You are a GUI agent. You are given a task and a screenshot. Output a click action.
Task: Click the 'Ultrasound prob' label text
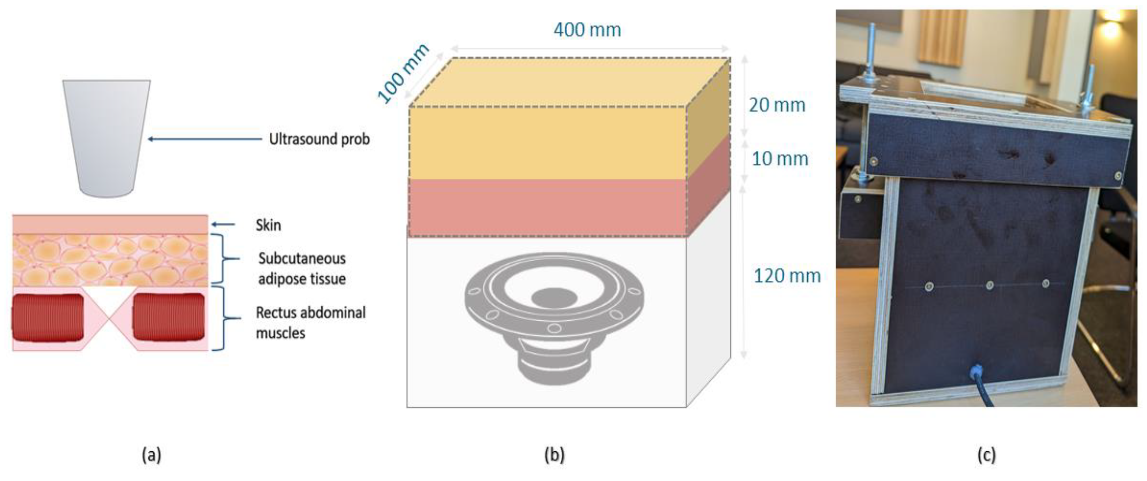point(319,139)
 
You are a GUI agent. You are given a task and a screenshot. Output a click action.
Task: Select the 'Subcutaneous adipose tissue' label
point(302,269)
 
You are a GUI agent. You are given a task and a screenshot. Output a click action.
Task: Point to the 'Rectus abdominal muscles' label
point(310,323)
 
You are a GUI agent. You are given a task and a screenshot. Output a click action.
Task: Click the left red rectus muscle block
point(48,317)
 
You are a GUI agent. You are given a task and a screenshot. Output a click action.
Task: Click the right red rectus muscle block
point(169,317)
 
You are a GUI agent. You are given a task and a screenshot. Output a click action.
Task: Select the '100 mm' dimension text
point(403,74)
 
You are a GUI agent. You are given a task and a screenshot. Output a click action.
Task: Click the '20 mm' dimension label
point(777,105)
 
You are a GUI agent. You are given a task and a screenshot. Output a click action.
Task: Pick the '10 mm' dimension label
point(780,159)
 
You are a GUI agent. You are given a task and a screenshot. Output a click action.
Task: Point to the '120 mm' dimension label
point(787,276)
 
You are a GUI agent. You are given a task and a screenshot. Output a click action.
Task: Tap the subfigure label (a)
point(152,455)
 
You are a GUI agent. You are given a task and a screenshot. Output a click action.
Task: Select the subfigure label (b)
point(554,455)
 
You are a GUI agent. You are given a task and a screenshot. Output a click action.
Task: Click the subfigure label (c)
point(986,455)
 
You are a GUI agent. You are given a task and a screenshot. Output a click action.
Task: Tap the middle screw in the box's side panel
point(989,285)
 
